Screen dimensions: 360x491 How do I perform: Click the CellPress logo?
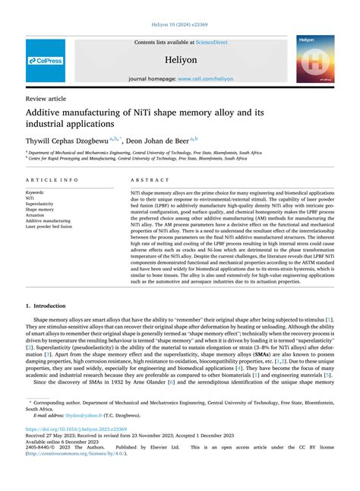tap(46, 59)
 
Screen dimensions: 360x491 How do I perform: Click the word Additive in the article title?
tap(50, 111)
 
